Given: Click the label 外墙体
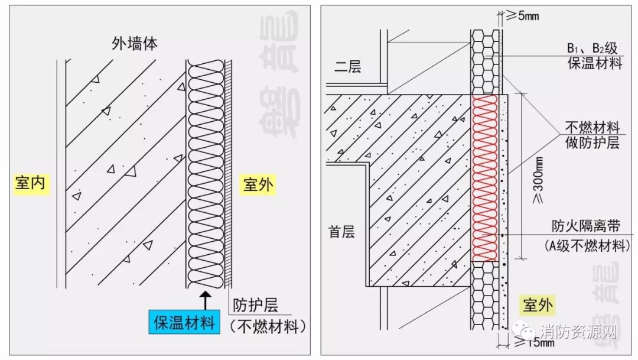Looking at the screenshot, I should (135, 43).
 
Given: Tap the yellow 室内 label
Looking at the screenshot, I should (30, 184).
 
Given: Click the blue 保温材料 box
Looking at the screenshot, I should (184, 323).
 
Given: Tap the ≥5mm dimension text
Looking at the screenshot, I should (522, 16).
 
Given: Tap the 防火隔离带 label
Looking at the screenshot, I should (586, 226).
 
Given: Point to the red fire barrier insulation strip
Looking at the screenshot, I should (485, 177).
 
